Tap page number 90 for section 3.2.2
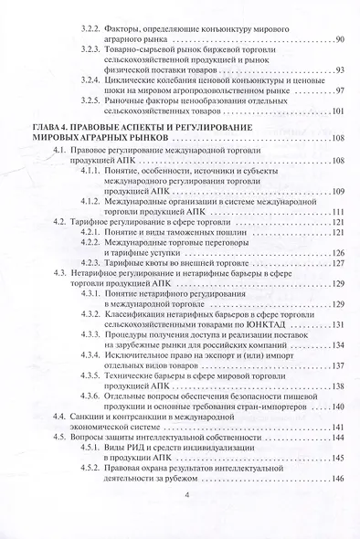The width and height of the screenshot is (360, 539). tap(339, 40)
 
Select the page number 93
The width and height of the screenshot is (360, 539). tap(339, 70)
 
